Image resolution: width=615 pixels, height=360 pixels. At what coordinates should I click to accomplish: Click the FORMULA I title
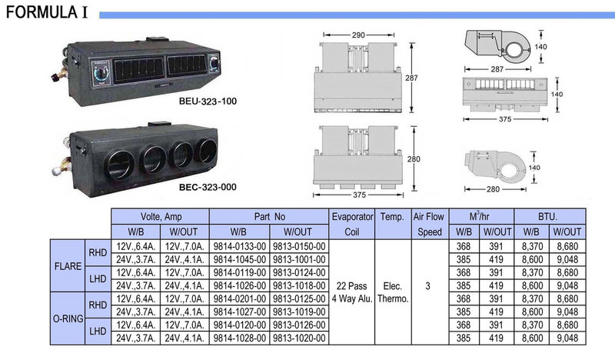(x=47, y=12)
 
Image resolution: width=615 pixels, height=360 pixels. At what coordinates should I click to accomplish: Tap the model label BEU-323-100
(x=208, y=102)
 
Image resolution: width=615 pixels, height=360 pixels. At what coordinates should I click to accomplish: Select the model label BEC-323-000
(x=208, y=187)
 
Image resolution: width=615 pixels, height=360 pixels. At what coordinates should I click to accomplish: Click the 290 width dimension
(x=358, y=35)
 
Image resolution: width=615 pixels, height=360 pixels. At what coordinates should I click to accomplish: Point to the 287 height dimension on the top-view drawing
(x=411, y=78)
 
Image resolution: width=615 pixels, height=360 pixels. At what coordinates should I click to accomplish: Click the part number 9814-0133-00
(x=240, y=247)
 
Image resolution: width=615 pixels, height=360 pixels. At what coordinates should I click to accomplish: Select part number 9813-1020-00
(x=299, y=338)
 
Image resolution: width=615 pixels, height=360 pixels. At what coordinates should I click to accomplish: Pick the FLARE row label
(x=68, y=266)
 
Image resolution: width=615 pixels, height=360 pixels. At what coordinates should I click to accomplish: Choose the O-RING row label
(x=68, y=318)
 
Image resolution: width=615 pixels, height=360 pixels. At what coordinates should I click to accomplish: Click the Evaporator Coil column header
(x=352, y=224)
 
